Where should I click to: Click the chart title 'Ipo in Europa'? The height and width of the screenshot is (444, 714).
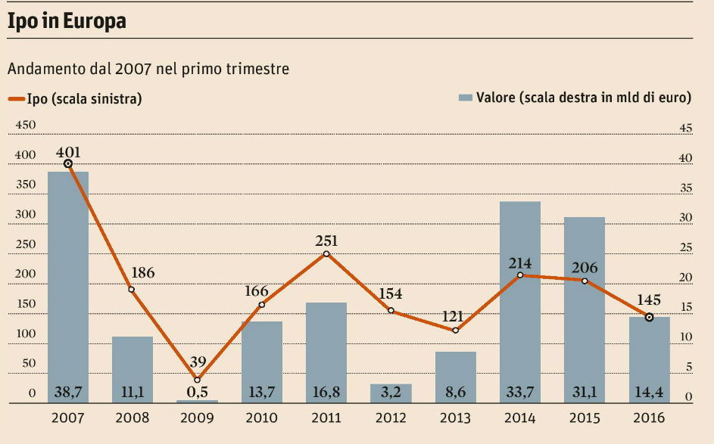[x=66, y=22]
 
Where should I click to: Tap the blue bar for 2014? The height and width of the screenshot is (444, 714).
[x=520, y=303]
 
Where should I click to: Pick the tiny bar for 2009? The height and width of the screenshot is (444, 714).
[x=197, y=402]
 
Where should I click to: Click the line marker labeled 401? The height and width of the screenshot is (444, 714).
[x=68, y=163]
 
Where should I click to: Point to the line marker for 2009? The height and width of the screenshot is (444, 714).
[x=198, y=379]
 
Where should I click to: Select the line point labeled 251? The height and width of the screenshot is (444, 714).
[x=326, y=254]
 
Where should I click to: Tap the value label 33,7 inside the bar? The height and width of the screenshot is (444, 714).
[x=520, y=393]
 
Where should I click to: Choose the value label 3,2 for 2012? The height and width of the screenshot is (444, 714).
[x=391, y=393]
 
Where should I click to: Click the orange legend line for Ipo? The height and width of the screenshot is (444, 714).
[x=16, y=98]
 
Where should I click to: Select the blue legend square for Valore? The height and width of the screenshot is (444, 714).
[x=466, y=98]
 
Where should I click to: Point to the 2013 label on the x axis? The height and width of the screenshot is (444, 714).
[x=455, y=418]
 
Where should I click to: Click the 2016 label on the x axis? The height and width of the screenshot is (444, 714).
[x=649, y=418]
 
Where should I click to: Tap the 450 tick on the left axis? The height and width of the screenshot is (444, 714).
[x=26, y=126]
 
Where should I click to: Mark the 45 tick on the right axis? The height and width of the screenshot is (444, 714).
[x=687, y=129]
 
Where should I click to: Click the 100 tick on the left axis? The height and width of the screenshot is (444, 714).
[x=26, y=334]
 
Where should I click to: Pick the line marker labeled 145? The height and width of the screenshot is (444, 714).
[x=649, y=317]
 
